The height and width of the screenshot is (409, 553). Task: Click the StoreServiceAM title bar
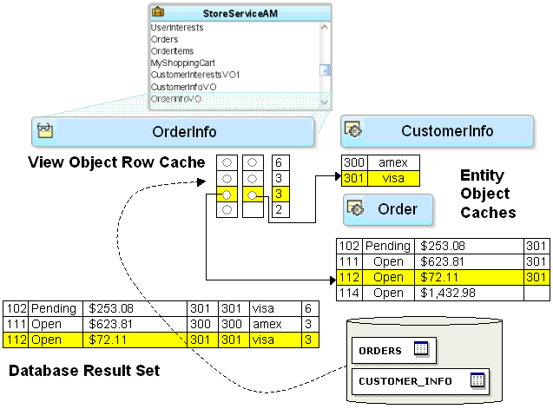click(240, 13)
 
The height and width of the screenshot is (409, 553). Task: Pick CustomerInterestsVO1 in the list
click(195, 76)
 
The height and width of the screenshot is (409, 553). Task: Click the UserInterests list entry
click(177, 28)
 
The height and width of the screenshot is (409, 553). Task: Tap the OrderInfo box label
click(185, 132)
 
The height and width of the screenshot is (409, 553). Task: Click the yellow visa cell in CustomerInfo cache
click(392, 178)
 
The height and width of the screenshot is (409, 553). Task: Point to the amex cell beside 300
click(392, 162)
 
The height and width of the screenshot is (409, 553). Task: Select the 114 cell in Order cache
click(349, 294)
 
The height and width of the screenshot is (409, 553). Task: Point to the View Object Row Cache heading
click(116, 162)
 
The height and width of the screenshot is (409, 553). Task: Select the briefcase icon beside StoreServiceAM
click(158, 13)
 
